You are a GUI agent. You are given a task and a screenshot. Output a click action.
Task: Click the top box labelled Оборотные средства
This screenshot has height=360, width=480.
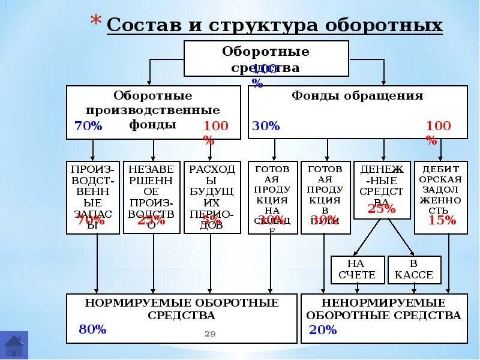266,58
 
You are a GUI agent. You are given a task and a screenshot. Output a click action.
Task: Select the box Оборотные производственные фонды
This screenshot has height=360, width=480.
153,112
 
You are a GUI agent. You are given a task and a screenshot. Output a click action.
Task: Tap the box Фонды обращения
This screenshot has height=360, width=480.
358,112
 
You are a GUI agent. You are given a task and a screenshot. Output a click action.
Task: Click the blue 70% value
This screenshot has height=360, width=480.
88,126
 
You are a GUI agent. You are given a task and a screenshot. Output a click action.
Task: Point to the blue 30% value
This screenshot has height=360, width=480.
266,126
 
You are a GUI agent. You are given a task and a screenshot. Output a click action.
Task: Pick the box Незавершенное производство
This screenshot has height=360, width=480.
151,197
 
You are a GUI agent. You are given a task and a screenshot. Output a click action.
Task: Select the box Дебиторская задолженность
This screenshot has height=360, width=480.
441,197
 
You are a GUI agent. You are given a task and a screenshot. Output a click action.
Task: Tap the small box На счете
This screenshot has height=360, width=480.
356,269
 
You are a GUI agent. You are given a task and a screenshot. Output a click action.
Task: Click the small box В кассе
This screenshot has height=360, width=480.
414,269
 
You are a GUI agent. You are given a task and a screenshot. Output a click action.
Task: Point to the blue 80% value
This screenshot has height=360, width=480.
92,329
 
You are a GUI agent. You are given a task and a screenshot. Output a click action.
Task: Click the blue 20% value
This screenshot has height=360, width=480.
323,330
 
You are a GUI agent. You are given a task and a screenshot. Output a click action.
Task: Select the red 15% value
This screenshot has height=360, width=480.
442,220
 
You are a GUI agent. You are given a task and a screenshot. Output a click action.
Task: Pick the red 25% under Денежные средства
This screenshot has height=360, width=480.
382,209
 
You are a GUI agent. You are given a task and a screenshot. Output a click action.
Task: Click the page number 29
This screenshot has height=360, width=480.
210,334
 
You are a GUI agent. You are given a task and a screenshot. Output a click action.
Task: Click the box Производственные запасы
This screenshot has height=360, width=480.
92,197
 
